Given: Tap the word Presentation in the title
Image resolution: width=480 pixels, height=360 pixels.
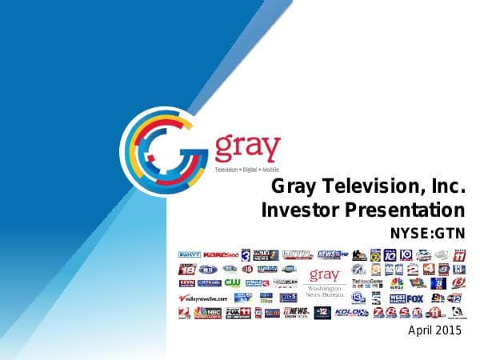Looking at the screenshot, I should pos(406,210).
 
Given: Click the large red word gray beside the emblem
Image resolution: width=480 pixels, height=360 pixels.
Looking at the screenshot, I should pos(248,148).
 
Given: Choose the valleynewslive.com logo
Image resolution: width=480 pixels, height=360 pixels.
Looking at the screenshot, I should pos(204,298).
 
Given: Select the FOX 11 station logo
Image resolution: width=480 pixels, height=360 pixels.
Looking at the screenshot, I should pos(238,312).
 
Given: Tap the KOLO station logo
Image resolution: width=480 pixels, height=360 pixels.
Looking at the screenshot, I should pos(350,312).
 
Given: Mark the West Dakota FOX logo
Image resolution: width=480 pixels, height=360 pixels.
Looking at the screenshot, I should pos(407,298).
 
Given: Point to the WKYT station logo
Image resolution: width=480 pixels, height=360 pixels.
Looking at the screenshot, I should pos(189,254).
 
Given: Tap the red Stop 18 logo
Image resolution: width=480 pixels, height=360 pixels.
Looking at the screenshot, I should pos(186,269).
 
